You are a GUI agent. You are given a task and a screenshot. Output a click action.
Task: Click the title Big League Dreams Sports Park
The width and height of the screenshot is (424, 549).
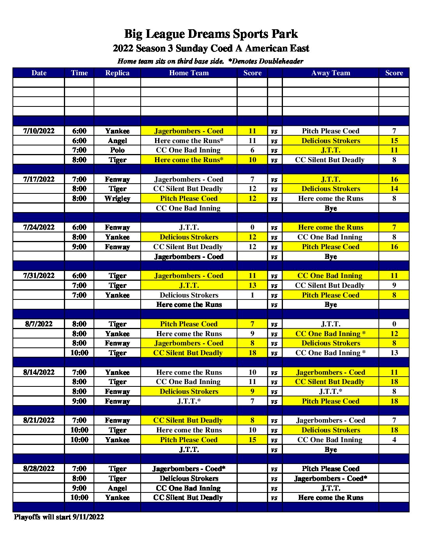(x=211, y=34)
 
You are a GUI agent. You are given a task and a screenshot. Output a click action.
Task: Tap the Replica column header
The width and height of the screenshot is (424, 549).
(x=117, y=73)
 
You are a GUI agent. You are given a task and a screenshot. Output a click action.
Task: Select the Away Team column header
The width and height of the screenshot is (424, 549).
(x=330, y=73)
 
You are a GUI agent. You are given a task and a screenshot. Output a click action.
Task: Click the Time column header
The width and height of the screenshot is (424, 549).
(x=79, y=73)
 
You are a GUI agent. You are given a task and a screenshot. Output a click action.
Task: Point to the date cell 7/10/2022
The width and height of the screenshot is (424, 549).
(x=39, y=131)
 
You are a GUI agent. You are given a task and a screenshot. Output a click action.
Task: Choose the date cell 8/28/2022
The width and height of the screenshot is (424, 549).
(x=39, y=469)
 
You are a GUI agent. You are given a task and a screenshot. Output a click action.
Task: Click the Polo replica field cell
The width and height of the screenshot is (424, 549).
(x=117, y=150)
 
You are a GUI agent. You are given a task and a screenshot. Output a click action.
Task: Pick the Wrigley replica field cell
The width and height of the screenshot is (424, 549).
(x=117, y=198)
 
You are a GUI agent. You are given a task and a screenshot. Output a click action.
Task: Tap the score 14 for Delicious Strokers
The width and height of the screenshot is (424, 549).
(x=394, y=189)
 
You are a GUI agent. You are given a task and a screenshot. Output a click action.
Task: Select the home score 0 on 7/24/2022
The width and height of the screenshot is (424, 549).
(x=252, y=227)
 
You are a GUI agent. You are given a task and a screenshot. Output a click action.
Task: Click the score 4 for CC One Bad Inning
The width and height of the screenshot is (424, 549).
(x=394, y=440)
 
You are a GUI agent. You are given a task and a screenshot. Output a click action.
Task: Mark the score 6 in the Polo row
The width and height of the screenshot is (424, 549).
(x=252, y=150)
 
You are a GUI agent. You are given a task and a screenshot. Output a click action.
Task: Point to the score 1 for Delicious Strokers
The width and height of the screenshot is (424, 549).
(x=252, y=295)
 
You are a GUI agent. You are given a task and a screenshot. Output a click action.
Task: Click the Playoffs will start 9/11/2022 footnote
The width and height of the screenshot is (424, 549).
(x=59, y=517)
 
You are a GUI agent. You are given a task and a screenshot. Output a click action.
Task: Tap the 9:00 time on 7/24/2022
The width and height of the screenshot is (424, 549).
(x=79, y=247)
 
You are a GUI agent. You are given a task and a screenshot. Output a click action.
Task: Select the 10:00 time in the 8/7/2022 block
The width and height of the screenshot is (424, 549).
(x=79, y=353)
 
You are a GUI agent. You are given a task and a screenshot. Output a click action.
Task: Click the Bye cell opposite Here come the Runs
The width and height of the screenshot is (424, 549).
(x=330, y=305)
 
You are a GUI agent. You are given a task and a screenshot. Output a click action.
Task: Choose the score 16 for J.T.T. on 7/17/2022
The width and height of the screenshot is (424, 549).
(x=394, y=179)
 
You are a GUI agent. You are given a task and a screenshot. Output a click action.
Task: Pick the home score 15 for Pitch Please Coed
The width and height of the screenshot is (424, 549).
(x=252, y=440)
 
